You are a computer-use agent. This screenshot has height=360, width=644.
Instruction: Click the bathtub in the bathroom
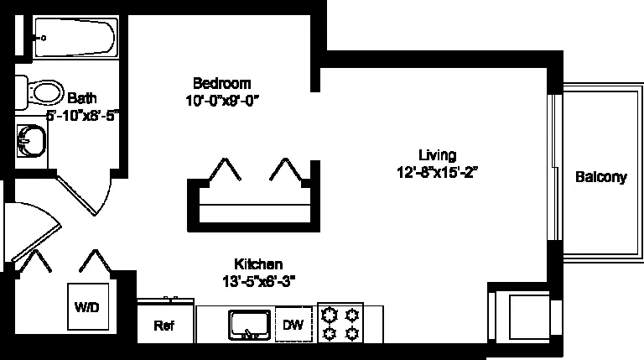coord(75,38)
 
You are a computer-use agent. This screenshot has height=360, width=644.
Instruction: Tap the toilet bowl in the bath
coord(47,92)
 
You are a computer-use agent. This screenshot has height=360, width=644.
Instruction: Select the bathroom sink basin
coord(31,141)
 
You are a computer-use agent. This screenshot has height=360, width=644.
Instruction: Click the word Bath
coord(82,98)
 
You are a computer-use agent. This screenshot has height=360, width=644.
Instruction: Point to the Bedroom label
coord(221,83)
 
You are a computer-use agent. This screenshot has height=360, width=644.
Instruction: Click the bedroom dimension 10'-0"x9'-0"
coord(222,100)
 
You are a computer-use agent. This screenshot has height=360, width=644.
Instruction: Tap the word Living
coord(438,155)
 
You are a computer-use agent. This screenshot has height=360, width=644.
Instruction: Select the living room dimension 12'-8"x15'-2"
coord(438,172)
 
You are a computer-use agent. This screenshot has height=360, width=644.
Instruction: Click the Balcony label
coord(601,177)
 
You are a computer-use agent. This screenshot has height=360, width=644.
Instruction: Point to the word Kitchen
coord(258,263)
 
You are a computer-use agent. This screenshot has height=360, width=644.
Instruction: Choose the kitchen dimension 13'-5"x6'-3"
coord(259,281)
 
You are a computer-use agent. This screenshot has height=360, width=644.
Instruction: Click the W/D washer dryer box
coord(88,306)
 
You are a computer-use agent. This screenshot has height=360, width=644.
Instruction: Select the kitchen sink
coord(250,325)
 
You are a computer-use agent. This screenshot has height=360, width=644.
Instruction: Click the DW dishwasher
coord(293,324)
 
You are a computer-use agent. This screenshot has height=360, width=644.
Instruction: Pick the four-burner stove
coord(340,323)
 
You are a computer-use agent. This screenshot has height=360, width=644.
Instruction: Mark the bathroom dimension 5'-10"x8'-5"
coord(82,116)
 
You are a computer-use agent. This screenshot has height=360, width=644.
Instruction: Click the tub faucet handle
coord(42,39)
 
